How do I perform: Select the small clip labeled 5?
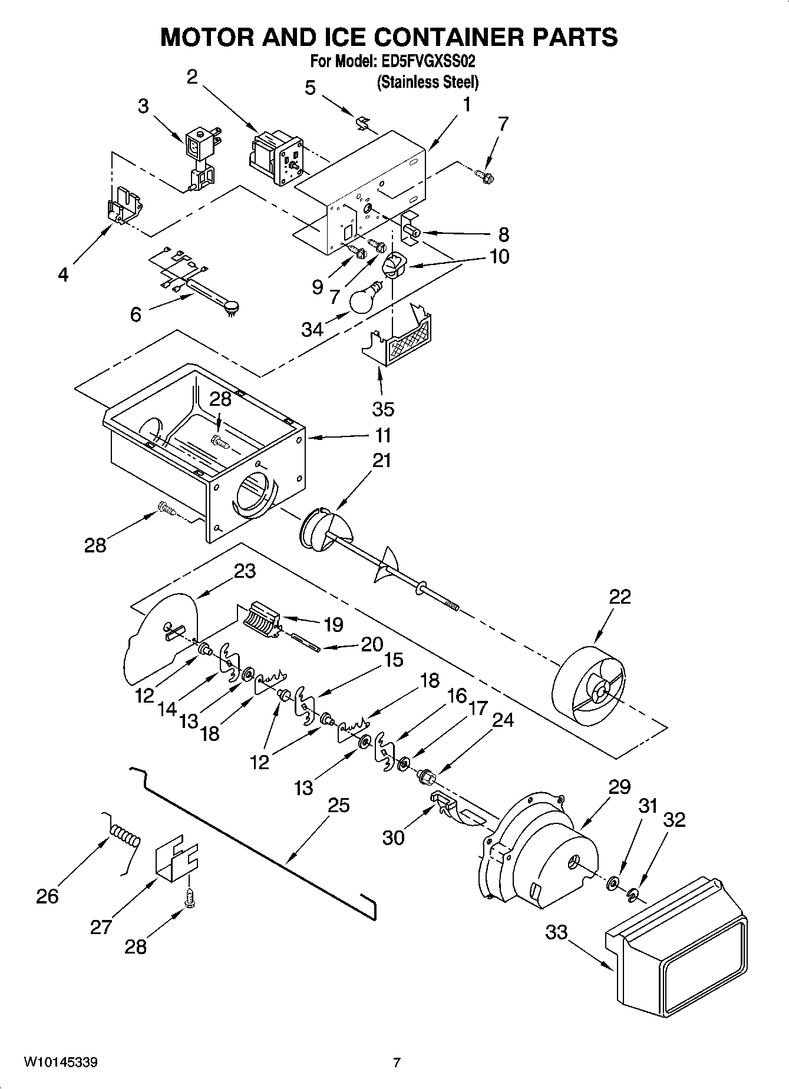click(363, 123)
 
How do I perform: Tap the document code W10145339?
click(61, 1063)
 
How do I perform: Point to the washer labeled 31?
click(613, 882)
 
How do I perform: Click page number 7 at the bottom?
click(397, 1063)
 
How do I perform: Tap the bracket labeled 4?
click(124, 204)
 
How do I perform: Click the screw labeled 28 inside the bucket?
click(220, 440)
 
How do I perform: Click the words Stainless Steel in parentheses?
click(427, 82)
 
